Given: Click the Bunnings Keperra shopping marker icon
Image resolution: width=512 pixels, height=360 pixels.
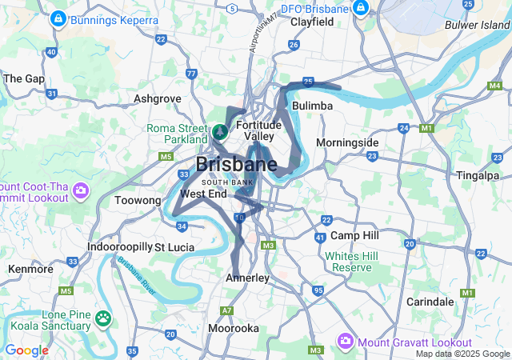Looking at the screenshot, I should pos(58,18).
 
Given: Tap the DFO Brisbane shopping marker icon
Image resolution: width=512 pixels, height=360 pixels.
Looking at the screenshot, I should pos(361,9).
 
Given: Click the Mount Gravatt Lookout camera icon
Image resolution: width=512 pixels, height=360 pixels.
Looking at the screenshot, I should pos(346,342).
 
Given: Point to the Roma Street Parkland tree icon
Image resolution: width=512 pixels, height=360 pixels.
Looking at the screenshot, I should pos(220,130).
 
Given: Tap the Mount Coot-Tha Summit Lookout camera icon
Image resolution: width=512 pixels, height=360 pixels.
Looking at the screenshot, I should pos(80,190).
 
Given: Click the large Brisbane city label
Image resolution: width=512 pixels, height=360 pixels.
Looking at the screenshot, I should pos(236,165).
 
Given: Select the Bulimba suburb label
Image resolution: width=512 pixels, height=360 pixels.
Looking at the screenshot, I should pos(313,106).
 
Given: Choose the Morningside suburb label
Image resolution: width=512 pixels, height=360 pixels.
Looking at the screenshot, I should pos(347,142).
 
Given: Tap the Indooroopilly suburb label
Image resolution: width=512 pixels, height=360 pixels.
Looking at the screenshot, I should pos(119,247).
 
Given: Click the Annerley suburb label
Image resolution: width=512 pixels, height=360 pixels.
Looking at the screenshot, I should pos(247,278).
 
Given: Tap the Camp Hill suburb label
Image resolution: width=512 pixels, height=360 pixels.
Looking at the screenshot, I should pos(354,236).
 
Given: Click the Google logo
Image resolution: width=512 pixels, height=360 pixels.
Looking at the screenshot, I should pos(26,350).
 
